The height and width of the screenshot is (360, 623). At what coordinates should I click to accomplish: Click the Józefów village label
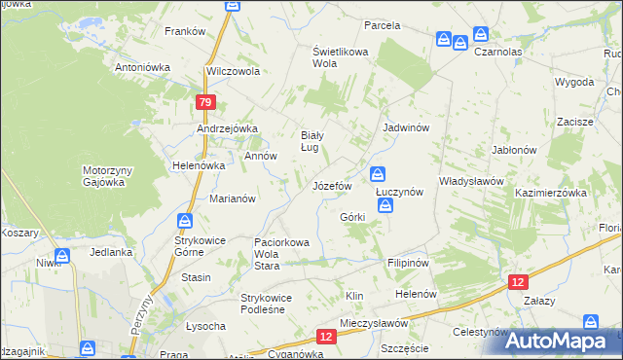[x=331, y=185]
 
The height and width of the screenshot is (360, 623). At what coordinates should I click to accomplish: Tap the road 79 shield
[x=204, y=102]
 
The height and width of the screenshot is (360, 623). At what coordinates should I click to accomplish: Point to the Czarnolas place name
[x=500, y=53]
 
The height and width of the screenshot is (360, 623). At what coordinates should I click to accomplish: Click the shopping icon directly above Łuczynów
[x=378, y=175]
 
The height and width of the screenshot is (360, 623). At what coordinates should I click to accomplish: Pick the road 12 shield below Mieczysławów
[x=326, y=336]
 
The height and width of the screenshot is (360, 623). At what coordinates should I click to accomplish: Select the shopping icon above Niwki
[x=61, y=256]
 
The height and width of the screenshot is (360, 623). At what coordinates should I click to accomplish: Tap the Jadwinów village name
[x=407, y=127]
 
